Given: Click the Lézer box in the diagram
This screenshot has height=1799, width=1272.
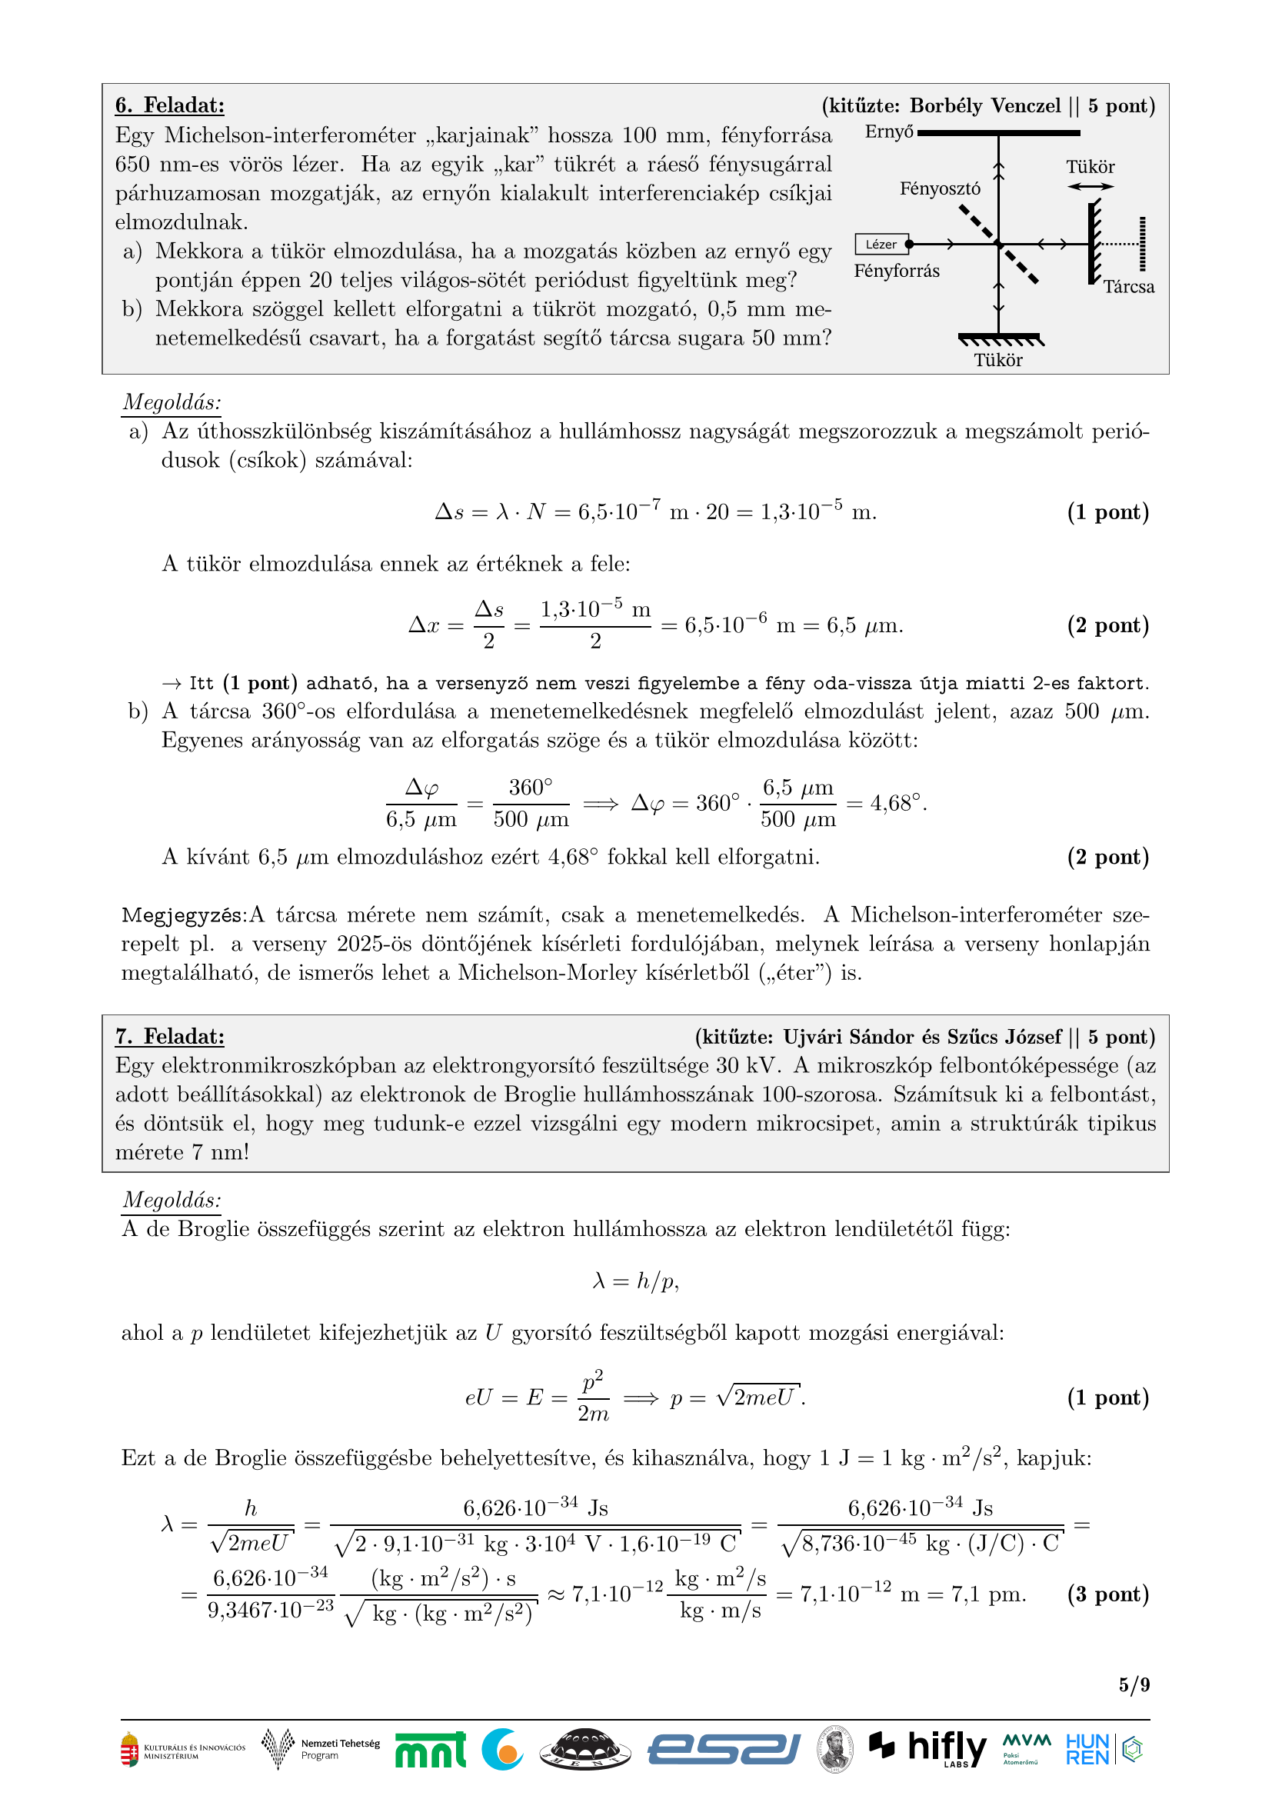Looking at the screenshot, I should pos(881,245).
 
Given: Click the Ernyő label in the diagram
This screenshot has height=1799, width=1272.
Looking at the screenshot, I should pos(888,132).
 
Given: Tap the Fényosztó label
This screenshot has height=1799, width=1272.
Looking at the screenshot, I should pos(939,189).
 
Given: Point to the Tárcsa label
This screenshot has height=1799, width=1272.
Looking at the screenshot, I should pos(1129,287).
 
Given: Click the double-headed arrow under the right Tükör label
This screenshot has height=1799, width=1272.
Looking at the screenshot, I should pos(1090,186).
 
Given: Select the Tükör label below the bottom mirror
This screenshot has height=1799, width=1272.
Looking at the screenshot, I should pos(998,361).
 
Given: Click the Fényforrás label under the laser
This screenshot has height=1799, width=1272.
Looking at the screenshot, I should pos(896,271).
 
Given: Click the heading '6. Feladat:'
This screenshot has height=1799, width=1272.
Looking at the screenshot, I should pos(169,106).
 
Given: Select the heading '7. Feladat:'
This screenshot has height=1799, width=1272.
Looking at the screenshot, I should pos(169,1037).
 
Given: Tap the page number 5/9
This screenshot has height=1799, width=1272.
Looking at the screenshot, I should pos(1134,1684).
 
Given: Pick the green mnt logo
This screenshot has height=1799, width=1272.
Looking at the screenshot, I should pos(430,1750).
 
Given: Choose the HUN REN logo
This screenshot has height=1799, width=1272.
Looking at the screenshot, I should pos(1087,1749).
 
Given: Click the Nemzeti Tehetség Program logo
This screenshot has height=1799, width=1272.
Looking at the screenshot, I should pos(321,1749).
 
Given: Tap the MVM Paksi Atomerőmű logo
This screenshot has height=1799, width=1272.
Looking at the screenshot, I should pos(1026,1748).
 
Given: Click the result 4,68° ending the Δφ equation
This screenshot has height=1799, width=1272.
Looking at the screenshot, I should pos(897,803).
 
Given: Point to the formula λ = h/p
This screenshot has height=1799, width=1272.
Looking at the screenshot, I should pos(635,1281).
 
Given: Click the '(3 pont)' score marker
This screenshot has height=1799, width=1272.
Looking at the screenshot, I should pos(1107,1594).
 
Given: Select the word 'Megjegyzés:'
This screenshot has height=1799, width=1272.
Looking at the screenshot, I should pos(184,915).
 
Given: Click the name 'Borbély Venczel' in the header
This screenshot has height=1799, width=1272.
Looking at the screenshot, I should pos(984,106).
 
